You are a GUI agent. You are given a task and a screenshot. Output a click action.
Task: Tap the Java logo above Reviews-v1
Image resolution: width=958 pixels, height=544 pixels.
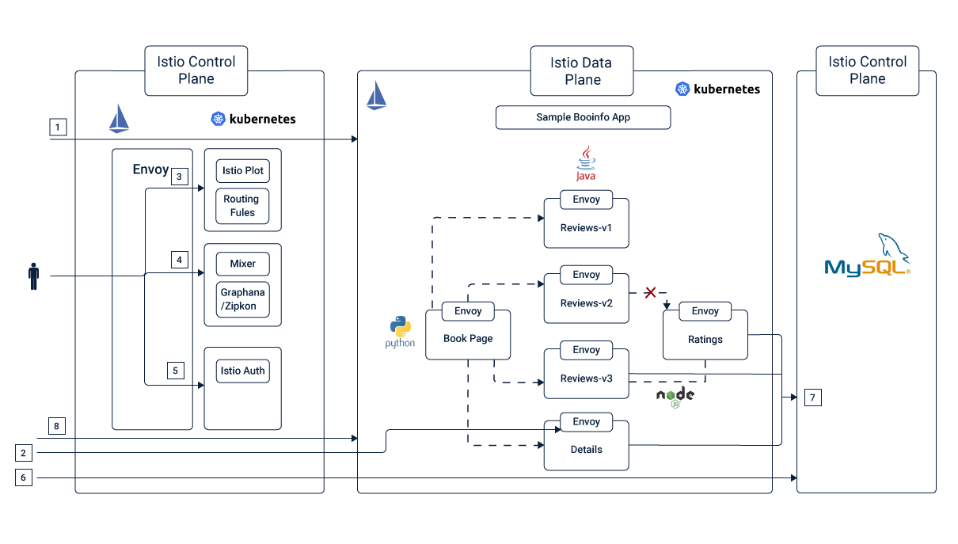pos(586,163)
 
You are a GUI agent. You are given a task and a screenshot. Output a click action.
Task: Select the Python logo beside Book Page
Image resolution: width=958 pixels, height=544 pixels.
pos(400,332)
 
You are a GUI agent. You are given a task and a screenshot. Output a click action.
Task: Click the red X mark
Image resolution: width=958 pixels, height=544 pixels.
pos(650,292)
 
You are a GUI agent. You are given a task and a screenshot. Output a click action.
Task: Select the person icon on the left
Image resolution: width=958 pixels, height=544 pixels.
pos(33,276)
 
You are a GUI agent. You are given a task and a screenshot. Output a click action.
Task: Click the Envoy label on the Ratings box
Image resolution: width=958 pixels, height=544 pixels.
pos(705,311)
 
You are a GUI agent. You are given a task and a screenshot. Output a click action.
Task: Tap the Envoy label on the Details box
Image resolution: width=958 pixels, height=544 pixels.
pos(586,422)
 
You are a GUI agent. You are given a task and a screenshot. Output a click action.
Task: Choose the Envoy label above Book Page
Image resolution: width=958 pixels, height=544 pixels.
pos(468,311)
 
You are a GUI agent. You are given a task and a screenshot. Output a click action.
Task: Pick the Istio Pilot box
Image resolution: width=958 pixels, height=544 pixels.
pos(242,171)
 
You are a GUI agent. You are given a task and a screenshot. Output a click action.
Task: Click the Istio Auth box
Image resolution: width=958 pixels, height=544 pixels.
pos(242,371)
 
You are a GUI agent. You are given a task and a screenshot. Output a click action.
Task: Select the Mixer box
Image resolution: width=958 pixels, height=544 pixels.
pos(242,264)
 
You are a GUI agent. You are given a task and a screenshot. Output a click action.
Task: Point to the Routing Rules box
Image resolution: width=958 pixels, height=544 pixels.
pos(242,206)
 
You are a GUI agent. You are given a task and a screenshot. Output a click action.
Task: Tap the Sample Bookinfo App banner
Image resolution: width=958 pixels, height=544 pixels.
pos(583,117)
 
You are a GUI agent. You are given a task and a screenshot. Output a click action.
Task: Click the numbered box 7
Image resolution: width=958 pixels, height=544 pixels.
pos(812,398)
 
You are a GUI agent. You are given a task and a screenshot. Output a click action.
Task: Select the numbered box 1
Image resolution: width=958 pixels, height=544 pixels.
pos(58,127)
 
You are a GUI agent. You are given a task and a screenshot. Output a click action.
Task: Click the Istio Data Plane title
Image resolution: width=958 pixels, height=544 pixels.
pos(582,71)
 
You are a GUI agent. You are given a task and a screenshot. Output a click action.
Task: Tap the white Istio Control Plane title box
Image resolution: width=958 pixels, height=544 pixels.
pos(867,70)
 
